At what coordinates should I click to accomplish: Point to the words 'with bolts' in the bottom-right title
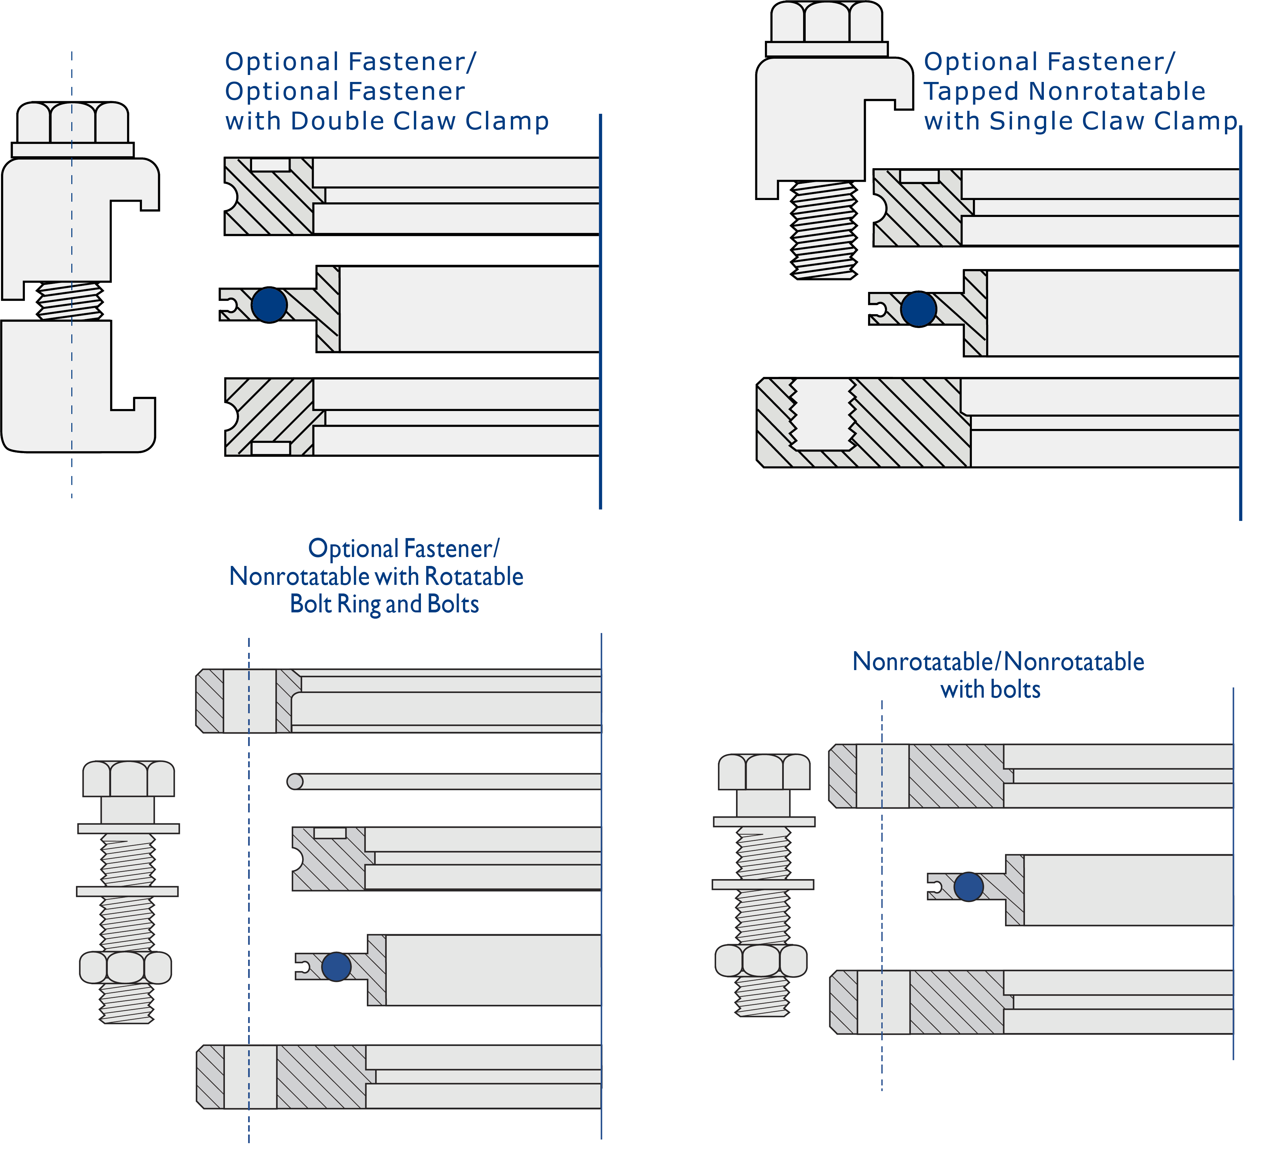990,689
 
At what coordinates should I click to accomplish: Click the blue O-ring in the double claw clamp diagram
269,305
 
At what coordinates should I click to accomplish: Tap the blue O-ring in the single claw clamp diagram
918,309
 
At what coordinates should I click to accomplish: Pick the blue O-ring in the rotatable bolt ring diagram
337,967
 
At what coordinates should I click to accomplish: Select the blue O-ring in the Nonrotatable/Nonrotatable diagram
969,886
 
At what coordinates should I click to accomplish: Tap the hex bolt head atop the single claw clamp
827,22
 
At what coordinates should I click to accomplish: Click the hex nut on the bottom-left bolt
126,967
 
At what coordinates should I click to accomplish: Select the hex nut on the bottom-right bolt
761,960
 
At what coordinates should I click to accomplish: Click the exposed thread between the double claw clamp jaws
70,301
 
